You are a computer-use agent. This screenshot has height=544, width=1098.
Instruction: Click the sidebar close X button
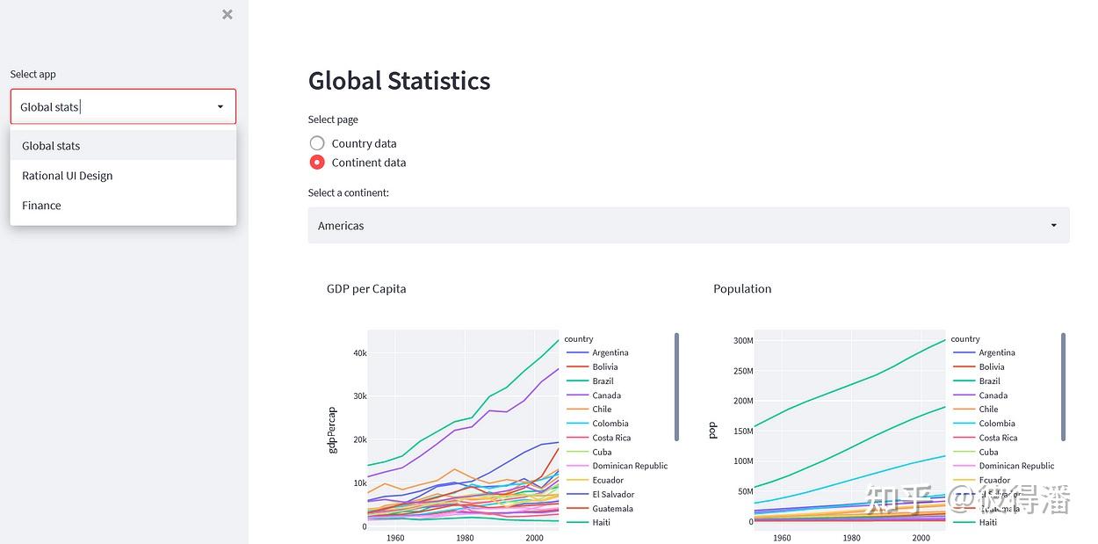pos(228,14)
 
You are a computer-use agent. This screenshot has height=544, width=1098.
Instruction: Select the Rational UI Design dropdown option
pos(68,176)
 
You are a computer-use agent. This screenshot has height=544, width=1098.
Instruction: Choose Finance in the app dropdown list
pos(41,206)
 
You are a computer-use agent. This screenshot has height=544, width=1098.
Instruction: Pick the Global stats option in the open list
pos(51,146)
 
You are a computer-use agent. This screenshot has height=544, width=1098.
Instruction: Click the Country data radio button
pos(317,143)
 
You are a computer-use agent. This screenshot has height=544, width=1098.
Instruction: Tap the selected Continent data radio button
pos(317,163)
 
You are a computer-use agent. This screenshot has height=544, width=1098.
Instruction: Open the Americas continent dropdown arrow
pos(1054,226)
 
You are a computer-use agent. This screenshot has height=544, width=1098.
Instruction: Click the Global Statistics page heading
pos(399,81)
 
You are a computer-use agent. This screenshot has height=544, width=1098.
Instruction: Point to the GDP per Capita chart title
pos(366,289)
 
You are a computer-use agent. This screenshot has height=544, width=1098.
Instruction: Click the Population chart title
pos(742,289)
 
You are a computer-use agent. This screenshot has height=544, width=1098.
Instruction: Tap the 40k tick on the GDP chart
pos(360,353)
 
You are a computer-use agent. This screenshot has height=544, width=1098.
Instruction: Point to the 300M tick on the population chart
pos(743,341)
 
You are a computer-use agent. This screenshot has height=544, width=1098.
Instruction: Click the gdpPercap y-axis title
pos(332,430)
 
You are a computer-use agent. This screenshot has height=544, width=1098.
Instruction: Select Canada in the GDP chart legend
pos(606,395)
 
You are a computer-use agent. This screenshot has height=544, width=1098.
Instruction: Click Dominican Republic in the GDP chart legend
pos(630,466)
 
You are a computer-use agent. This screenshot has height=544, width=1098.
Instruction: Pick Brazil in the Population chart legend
pos(990,381)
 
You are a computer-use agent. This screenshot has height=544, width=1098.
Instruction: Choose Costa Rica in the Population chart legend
pos(998,438)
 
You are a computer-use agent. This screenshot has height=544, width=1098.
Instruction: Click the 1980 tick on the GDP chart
pos(465,538)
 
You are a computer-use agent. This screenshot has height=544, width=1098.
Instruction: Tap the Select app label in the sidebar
pos(33,75)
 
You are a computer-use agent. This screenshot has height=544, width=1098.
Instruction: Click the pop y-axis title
pos(712,430)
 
